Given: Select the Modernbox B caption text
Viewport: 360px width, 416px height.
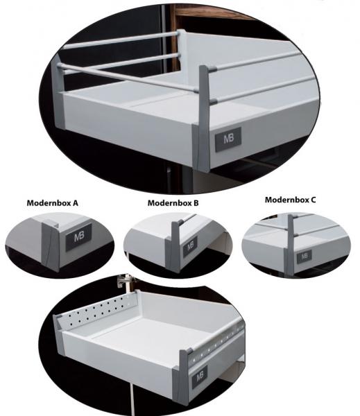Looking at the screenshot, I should click(x=173, y=203).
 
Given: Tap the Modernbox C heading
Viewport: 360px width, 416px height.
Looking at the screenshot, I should click(x=290, y=199).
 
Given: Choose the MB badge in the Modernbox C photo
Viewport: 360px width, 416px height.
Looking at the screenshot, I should click(x=304, y=256).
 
